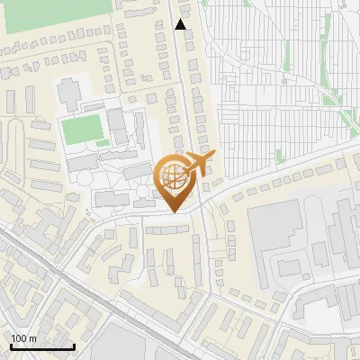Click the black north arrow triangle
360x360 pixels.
click(181, 24)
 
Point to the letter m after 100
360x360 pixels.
click(33, 338)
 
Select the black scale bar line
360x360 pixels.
click(42, 347)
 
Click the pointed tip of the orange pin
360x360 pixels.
click(175, 211)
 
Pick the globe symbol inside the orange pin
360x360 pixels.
click(173, 177)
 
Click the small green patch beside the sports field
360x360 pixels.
click(103, 142)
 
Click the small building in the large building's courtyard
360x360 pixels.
click(288, 266)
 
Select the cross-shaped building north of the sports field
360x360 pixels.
click(69, 92)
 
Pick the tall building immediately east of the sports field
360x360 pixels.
click(117, 126)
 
